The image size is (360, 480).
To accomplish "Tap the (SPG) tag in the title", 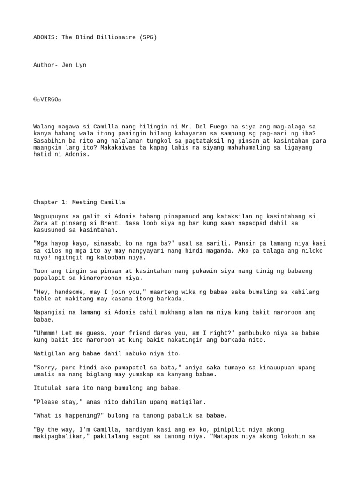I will point(147,37).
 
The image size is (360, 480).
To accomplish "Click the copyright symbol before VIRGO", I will point(35,99).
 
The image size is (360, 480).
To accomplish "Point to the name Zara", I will point(41,223).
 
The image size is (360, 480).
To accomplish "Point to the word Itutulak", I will point(48,388).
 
